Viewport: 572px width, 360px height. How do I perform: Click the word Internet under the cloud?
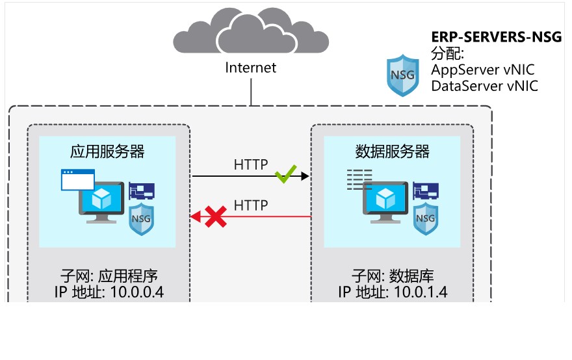coord(250,68)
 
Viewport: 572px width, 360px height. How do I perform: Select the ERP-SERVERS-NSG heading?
coord(497,36)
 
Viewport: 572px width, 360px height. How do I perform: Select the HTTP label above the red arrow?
coord(251,205)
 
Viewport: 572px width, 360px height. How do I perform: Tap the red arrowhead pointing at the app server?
coord(195,217)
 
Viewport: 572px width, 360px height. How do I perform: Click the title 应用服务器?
coord(107,152)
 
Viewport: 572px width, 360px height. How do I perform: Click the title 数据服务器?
coord(393,152)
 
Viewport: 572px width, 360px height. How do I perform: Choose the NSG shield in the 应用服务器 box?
coord(141,216)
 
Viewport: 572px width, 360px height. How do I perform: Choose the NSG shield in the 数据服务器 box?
coord(426,216)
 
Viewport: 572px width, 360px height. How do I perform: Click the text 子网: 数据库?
coord(392,274)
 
